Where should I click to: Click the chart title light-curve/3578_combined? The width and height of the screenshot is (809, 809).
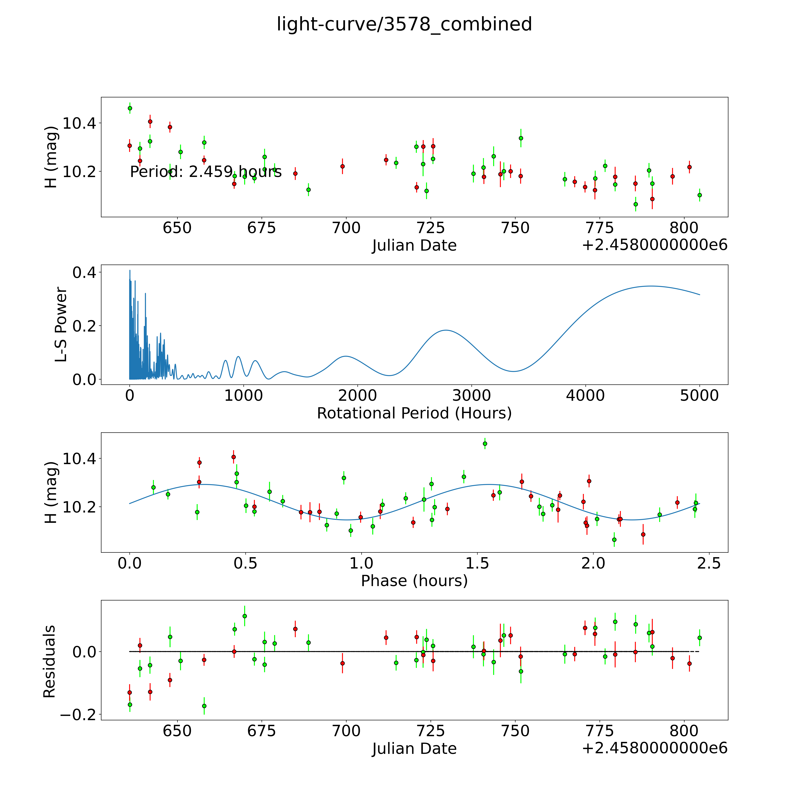(x=404, y=24)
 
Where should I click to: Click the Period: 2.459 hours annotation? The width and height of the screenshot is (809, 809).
(x=206, y=172)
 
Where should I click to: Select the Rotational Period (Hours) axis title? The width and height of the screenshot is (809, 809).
(x=414, y=413)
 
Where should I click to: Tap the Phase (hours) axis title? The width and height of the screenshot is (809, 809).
(x=414, y=581)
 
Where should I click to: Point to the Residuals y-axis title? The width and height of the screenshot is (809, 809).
(x=49, y=662)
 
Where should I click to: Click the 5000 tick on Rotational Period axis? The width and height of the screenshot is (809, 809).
(x=699, y=396)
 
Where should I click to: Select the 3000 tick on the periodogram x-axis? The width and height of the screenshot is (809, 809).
(x=471, y=396)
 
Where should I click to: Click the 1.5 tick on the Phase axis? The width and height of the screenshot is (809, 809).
(x=477, y=563)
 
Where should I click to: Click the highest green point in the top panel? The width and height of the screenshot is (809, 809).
(x=130, y=108)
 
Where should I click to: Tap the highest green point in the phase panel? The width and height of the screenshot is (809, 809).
(x=485, y=443)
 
